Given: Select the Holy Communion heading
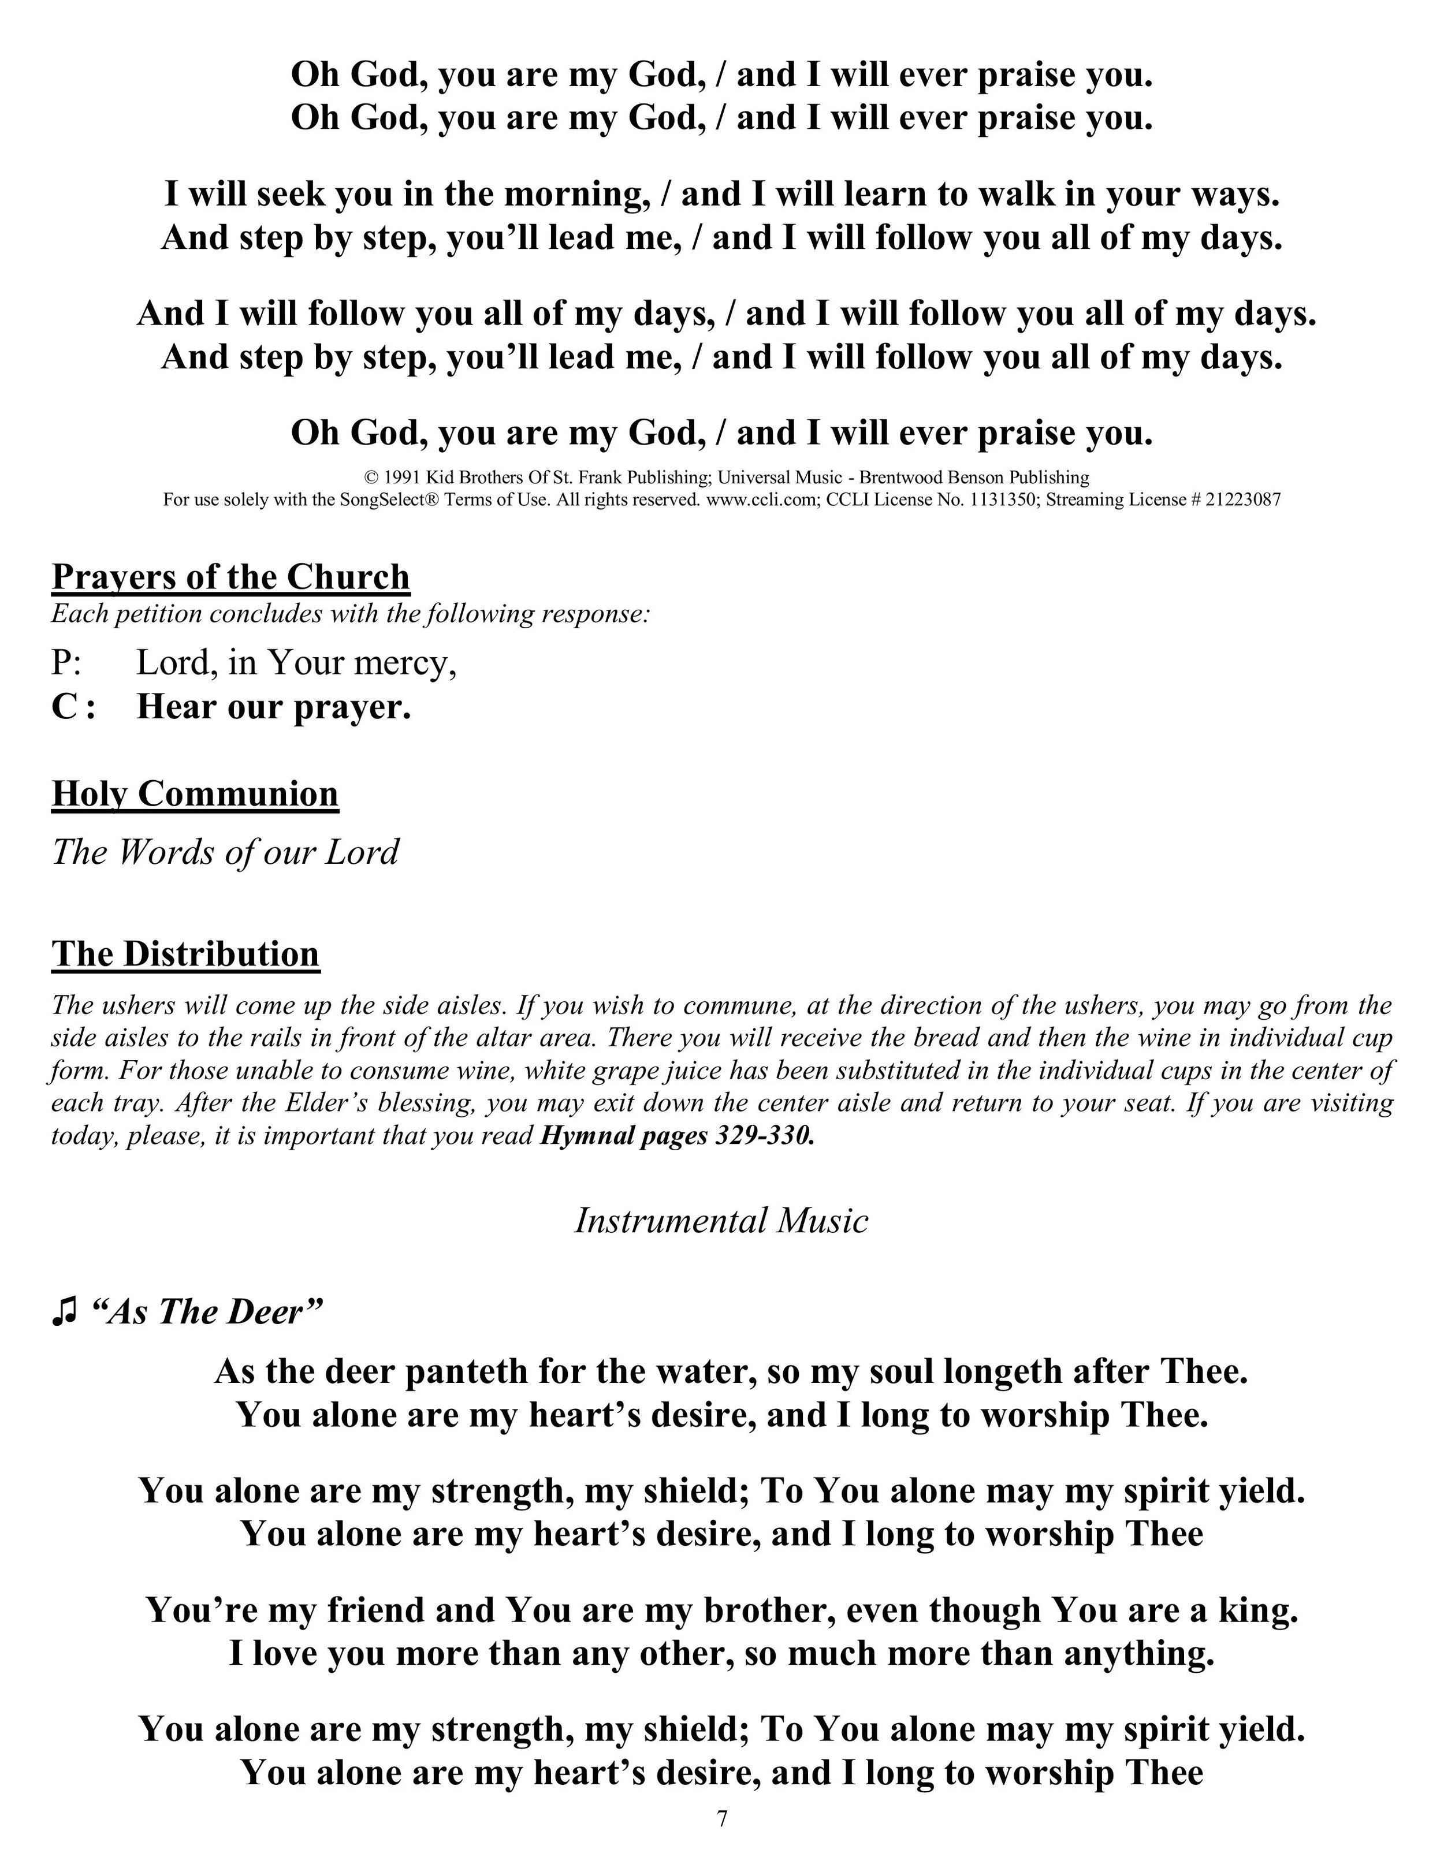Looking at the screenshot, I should click(x=195, y=794).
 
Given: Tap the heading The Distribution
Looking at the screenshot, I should click(x=185, y=954).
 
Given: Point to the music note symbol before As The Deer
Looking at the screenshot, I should click(x=64, y=1311).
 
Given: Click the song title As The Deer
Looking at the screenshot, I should click(x=205, y=1311).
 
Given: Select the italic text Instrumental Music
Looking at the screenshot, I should click(x=721, y=1221).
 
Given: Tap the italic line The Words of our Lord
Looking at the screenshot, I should click(x=225, y=852).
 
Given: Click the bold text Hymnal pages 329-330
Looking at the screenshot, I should click(x=677, y=1136).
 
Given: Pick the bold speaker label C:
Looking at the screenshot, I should click(x=73, y=706).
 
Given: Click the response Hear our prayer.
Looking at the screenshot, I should click(x=274, y=706).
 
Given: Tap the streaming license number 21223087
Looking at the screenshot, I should click(x=1243, y=499).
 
